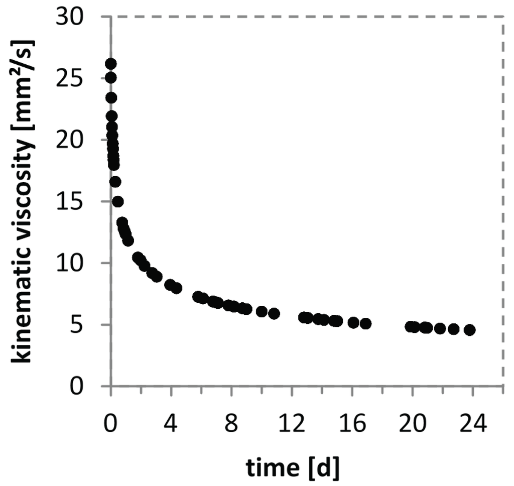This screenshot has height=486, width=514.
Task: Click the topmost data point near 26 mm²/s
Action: click(x=111, y=64)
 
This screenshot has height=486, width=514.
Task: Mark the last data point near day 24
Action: click(x=470, y=330)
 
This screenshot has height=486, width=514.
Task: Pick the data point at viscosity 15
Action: click(x=118, y=201)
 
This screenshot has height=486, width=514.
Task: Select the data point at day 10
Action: click(x=262, y=311)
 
